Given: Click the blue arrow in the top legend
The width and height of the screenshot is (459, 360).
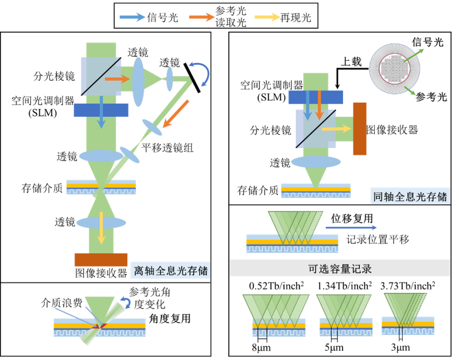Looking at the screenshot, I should (x=132, y=17).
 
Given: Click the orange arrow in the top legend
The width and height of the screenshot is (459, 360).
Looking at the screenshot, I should (x=202, y=17).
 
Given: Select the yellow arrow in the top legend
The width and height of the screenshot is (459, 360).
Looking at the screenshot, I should (x=267, y=17).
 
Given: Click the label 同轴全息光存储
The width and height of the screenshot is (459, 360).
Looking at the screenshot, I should (x=410, y=197).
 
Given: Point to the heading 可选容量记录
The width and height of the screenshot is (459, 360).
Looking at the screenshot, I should (x=340, y=268).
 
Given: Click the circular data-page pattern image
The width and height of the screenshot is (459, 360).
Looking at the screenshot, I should (x=394, y=69).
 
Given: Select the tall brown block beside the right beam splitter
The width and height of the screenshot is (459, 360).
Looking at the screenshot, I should (x=360, y=129).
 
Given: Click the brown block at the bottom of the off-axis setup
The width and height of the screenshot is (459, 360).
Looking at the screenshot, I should (x=101, y=260).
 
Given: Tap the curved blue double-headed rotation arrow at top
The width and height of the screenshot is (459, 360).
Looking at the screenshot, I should (x=201, y=73).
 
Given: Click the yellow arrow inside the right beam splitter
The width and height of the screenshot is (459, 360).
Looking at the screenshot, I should (x=336, y=129).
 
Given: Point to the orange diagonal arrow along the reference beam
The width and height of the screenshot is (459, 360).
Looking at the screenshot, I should (x=176, y=114).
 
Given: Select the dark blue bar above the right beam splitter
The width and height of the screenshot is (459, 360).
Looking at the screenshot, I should (x=316, y=97).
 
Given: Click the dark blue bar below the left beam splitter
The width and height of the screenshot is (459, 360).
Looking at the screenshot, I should (x=101, y=110).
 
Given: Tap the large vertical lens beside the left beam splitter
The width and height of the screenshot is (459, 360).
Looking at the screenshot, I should (x=138, y=81).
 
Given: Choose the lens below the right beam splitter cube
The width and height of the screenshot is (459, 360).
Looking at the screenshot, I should (x=316, y=162).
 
